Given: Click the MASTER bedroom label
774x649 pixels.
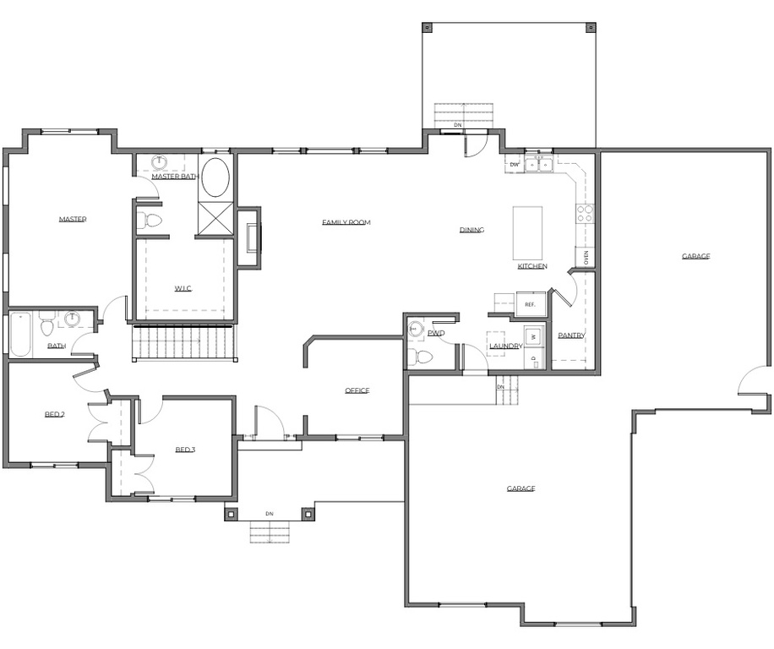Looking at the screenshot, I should coord(73,220).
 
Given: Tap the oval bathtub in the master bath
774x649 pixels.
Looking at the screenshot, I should coord(215,177).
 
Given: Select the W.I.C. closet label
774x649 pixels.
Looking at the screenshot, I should coord(183,289).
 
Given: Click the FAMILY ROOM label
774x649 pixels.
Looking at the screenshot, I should coord(346,223).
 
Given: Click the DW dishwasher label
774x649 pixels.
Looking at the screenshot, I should coord(514,164).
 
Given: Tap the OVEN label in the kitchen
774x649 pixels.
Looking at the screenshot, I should coord(586,257).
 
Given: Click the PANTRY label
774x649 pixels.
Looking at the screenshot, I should coord(571,335).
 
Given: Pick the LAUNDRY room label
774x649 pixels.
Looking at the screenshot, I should coord(505,346).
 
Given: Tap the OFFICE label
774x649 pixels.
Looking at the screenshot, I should coord(357,390).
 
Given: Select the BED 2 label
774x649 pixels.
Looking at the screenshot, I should coord(55,415).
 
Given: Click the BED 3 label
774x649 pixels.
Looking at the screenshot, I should coord(185,450).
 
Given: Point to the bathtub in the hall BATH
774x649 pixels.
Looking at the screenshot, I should coord(20,334).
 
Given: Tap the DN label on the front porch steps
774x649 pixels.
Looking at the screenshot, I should coord(270,514).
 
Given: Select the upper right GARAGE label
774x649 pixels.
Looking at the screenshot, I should coord(695,256).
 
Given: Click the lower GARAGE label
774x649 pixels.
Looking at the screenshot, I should coord(521,488).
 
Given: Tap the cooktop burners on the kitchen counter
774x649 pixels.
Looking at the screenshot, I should coord(584,213).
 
